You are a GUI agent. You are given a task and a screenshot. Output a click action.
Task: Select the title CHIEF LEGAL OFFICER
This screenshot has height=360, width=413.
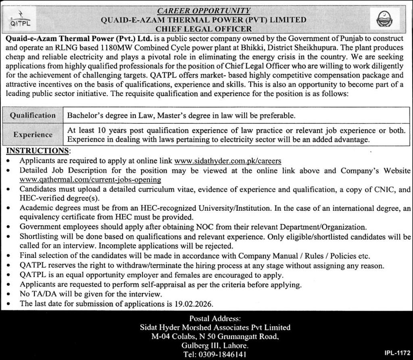(204, 29)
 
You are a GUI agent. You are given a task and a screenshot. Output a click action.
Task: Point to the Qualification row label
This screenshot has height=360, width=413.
(33, 115)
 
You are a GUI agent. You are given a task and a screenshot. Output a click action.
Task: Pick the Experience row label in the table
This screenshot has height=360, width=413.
(33, 134)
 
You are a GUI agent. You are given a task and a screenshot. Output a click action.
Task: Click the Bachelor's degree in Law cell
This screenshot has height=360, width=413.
(181, 115)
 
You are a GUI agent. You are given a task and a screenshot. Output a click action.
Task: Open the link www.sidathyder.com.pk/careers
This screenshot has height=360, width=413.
(228, 161)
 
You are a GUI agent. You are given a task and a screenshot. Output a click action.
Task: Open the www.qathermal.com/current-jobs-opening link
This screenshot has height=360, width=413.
(90, 179)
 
